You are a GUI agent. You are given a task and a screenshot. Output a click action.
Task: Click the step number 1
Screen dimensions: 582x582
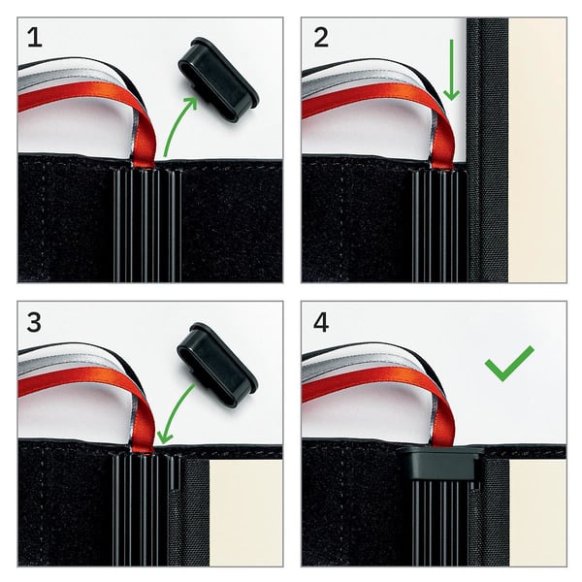pyautogui.click(x=35, y=38)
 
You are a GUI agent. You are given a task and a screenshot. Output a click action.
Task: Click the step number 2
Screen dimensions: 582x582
pyautogui.click(x=321, y=38)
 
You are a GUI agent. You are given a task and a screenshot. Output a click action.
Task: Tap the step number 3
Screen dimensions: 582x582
pyautogui.click(x=34, y=322)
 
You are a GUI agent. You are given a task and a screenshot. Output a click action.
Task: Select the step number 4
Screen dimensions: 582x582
pyautogui.click(x=321, y=322)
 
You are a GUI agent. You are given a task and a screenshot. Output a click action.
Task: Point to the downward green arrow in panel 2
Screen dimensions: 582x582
pyautogui.click(x=452, y=70)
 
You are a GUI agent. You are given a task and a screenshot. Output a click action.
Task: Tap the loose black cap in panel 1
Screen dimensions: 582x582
pyautogui.click(x=218, y=80)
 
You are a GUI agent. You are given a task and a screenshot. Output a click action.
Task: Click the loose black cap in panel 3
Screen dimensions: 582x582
pyautogui.click(x=217, y=365)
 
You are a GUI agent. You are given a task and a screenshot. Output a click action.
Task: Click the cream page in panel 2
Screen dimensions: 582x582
pyautogui.click(x=537, y=150)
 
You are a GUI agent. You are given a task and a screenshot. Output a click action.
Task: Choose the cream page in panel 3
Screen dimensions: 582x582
pyautogui.click(x=246, y=513)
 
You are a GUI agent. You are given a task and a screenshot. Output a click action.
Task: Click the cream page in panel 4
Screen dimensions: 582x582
pyautogui.click(x=537, y=513)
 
